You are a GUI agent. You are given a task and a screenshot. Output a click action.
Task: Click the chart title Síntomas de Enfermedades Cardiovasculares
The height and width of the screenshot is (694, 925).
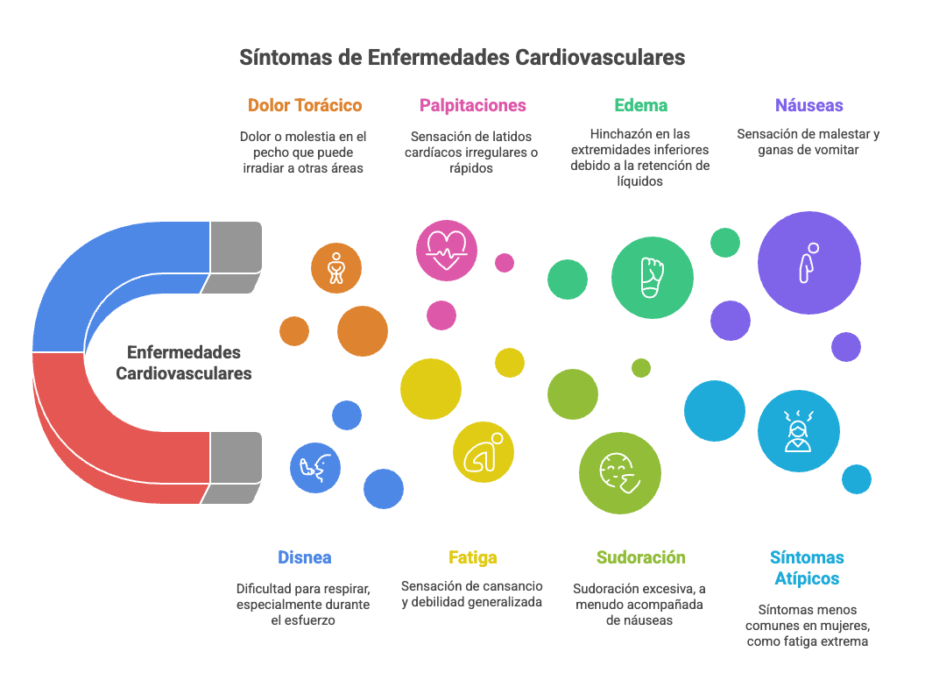point(462,58)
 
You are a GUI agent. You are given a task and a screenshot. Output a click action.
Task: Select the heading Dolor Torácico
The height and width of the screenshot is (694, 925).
point(305,105)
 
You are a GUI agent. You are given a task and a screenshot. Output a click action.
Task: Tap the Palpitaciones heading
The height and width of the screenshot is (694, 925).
point(473,105)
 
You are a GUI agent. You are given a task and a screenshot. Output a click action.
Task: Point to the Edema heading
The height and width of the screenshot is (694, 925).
point(640,105)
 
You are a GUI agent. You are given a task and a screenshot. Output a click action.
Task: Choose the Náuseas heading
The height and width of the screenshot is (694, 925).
point(808,105)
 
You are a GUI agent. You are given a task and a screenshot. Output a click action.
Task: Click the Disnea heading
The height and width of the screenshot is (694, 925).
point(305,557)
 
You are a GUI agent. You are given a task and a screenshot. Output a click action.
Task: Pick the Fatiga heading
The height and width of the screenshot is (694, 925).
point(473,557)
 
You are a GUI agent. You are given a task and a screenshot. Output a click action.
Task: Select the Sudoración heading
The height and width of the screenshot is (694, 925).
point(640,557)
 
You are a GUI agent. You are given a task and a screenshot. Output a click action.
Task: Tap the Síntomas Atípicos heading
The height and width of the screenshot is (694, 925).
point(807,568)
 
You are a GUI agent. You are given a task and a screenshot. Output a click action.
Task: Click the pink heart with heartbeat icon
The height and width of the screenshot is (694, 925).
point(447,251)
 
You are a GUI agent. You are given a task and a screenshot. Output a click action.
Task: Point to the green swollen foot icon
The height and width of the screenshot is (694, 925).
point(652,278)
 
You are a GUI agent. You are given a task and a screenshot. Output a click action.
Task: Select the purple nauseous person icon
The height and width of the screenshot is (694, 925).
point(808,262)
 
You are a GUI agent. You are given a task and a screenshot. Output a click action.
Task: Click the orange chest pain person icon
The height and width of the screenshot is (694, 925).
point(336,267)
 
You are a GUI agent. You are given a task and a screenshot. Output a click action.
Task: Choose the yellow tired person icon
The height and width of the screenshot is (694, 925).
point(483,452)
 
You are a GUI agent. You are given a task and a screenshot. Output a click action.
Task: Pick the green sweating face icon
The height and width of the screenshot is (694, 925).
point(619,473)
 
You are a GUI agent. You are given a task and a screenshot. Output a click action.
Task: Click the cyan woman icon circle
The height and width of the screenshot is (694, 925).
point(798,430)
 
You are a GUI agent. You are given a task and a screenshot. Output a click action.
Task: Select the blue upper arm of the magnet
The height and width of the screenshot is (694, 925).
point(123,263)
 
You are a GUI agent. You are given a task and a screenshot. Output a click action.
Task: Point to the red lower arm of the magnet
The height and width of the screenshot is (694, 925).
point(123,438)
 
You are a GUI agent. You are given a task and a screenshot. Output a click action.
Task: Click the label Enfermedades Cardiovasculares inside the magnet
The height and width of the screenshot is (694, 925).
point(184,363)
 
